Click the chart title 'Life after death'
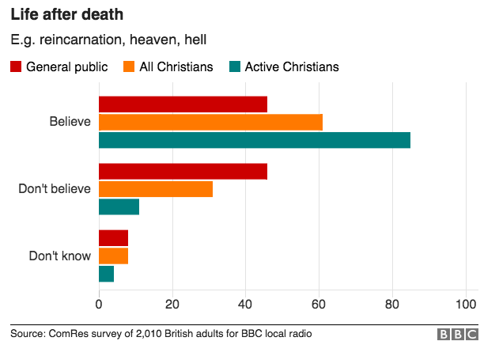pyautogui.click(x=66, y=15)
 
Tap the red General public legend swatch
pyautogui.click(x=16, y=66)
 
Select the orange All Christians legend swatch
pyautogui.click(x=129, y=66)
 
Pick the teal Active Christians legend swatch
pyautogui.click(x=234, y=66)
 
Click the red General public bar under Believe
pyautogui.click(x=183, y=104)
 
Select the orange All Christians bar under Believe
pyautogui.click(x=210, y=122)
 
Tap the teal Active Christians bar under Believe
pyautogui.click(x=255, y=140)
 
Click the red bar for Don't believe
pyautogui.click(x=183, y=171)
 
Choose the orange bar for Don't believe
pyautogui.click(x=156, y=189)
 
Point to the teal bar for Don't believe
pyautogui.click(x=119, y=207)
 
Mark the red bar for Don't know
pyautogui.click(x=113, y=238)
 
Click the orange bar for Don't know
pyautogui.click(x=113, y=256)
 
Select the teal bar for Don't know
pyautogui.click(x=106, y=275)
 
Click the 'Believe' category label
pyautogui.click(x=70, y=122)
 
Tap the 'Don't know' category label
pyautogui.click(x=60, y=256)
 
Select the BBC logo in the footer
pyautogui.click(x=459, y=335)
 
